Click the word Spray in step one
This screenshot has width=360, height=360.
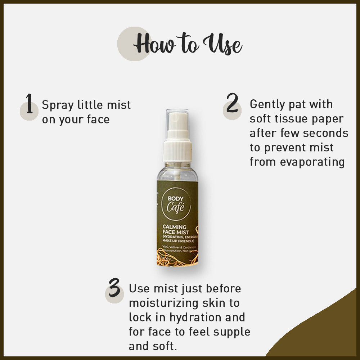click(x=58, y=105)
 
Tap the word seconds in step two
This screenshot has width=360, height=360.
click(x=325, y=133)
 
